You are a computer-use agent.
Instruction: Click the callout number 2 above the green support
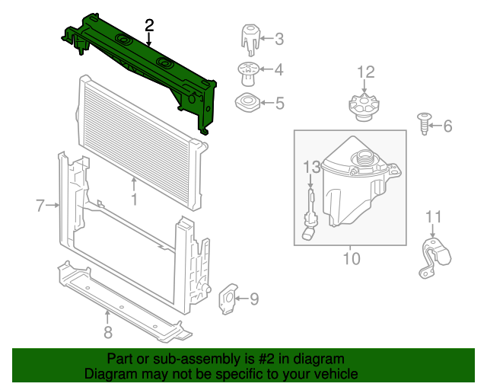click(149, 25)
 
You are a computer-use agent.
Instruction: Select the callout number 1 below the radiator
click(134, 200)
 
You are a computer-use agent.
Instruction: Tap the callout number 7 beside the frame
click(40, 204)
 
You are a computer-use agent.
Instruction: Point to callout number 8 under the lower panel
click(107, 331)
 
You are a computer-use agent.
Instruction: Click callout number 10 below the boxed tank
click(350, 259)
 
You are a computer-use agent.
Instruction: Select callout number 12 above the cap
click(366, 72)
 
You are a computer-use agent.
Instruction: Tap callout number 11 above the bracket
click(432, 218)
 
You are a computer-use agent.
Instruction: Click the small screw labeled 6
click(424, 122)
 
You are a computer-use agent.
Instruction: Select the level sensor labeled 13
click(309, 217)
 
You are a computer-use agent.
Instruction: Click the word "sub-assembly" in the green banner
click(176, 359)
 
